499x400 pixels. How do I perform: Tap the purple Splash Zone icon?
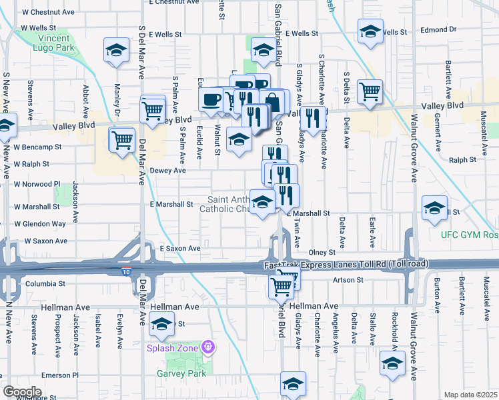point(209,347)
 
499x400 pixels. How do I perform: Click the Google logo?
point(22,392)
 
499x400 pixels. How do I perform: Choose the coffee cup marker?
point(211,99)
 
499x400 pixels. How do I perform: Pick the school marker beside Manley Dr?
point(117,51)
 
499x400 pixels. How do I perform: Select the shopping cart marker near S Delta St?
point(369,91)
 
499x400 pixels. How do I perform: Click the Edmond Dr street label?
point(438,30)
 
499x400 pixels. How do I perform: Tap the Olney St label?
point(322,253)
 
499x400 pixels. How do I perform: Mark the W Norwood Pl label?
point(38,184)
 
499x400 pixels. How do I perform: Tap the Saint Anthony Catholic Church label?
point(227,204)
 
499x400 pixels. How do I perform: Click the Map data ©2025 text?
point(470,395)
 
